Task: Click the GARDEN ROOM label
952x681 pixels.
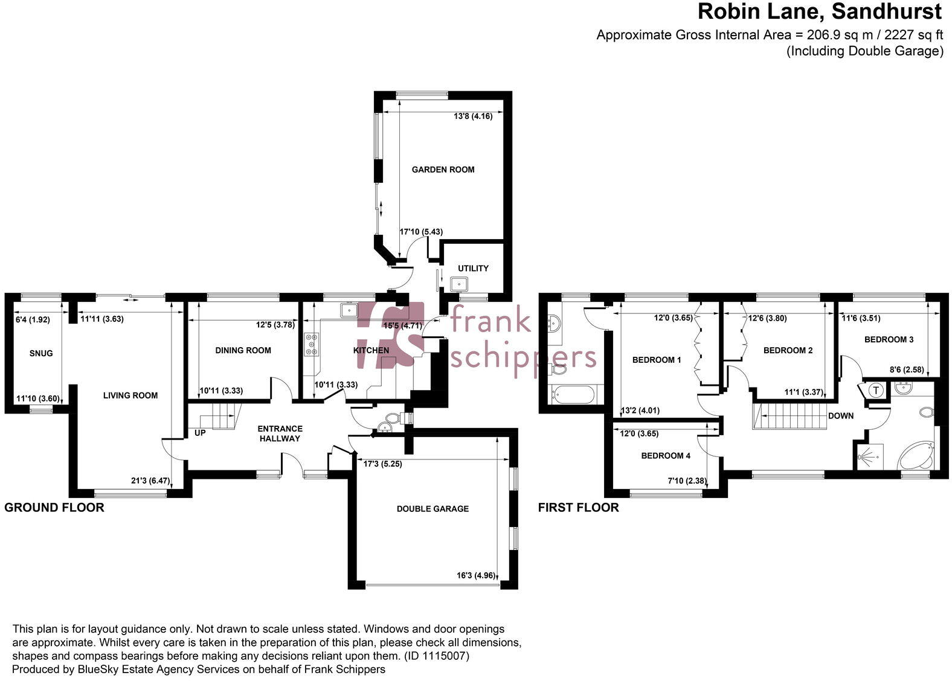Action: coord(443,170)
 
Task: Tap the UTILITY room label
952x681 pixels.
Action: coord(473,268)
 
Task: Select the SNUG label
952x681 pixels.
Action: coord(41,353)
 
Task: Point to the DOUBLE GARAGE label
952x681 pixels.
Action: coord(433,509)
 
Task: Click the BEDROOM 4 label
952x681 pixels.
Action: coord(666,456)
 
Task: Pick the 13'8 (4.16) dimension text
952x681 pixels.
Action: coord(473,116)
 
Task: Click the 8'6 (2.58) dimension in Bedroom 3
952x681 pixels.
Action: coord(907,369)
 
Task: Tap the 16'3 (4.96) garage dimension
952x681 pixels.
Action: coord(475,575)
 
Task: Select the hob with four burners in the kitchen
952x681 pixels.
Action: coord(311,345)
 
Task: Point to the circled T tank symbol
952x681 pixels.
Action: coord(876,391)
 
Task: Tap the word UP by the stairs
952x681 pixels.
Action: coord(200,433)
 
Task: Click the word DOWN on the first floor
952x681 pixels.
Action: coord(841,415)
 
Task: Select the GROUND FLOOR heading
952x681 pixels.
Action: coord(54,508)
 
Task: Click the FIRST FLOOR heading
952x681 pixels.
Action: coord(578,508)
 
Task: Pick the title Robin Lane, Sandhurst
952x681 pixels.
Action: coord(820,11)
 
